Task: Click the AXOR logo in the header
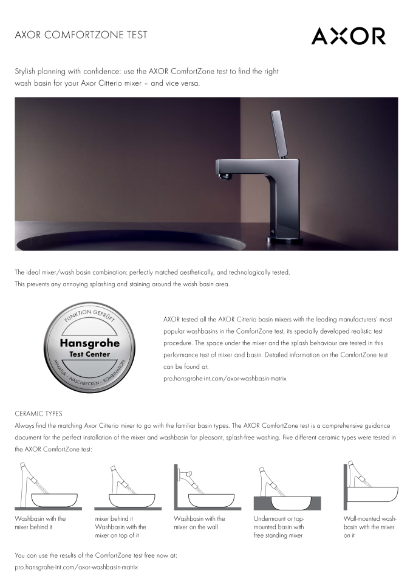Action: (x=348, y=36)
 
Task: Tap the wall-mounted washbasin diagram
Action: (x=367, y=486)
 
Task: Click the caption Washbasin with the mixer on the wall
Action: (x=199, y=523)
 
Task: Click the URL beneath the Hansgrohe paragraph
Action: (x=225, y=378)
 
